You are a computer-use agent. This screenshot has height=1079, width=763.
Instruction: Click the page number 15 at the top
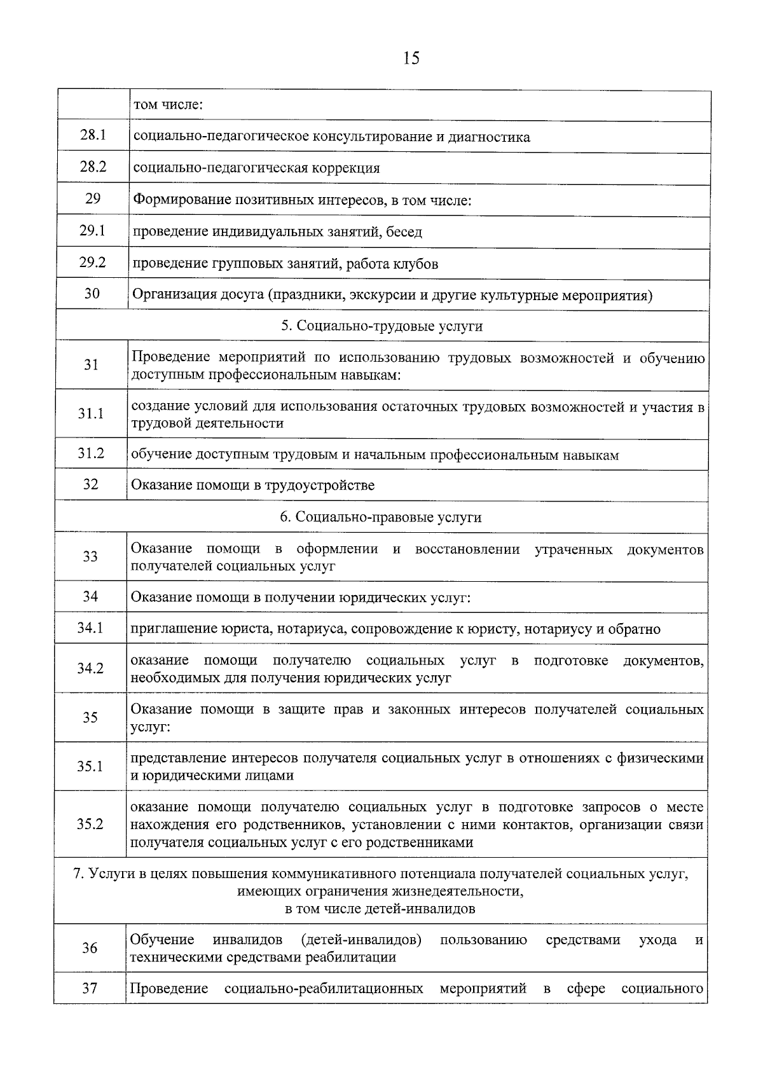point(411,58)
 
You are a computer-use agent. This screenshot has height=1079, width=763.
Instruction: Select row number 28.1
point(93,135)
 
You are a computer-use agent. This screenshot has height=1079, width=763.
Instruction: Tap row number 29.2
point(93,262)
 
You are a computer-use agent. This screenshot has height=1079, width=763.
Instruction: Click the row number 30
point(92,293)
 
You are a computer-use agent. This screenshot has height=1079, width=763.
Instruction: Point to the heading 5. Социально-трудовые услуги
point(381,326)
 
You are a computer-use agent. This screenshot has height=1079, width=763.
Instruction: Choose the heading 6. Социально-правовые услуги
point(381,517)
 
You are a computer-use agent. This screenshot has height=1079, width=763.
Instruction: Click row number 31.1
point(91,414)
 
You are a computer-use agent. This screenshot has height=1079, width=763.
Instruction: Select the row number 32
point(91,484)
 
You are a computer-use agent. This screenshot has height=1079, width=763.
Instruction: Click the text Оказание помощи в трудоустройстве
point(252,486)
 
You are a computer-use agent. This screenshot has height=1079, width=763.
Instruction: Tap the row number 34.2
point(90,668)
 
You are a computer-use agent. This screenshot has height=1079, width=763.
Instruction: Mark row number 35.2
point(90,824)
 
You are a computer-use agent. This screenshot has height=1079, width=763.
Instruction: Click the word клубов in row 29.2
point(416,264)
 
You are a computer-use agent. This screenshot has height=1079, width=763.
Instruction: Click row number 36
point(90,948)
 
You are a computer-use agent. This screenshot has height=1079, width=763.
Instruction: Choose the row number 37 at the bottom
point(90,989)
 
